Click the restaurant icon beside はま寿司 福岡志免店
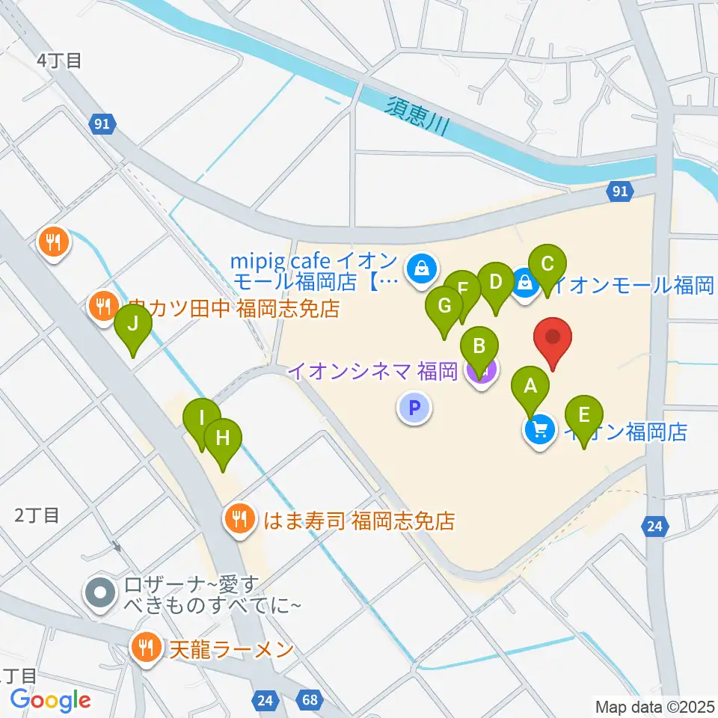pos(239,519)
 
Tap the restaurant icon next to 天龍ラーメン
pos(144,648)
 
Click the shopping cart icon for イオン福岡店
pos(540,431)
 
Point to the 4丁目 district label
pos(61,61)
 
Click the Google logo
pos(50,700)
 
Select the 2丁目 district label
pos(37,515)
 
